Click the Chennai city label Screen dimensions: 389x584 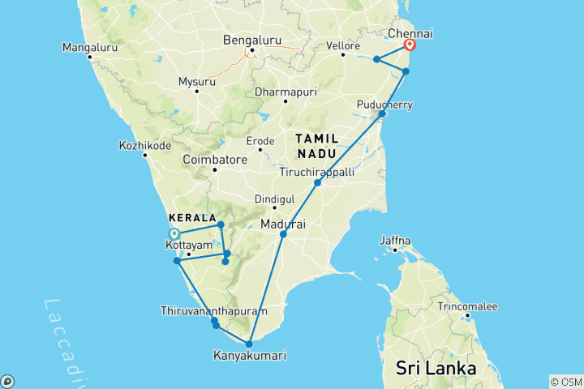tap(410, 33)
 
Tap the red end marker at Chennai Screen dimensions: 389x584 tap(410, 45)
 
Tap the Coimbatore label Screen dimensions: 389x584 tap(215, 160)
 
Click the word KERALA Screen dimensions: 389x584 tap(191, 219)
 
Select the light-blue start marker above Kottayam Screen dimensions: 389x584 tap(174, 235)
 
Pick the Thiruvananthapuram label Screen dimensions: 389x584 tap(213, 311)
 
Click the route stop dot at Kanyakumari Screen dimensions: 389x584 tap(249, 344)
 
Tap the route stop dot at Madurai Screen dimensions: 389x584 tap(283, 234)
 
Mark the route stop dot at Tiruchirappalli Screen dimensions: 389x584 tap(318, 183)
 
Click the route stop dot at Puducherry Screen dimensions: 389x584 tap(382, 114)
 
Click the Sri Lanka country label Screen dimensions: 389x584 tap(436, 368)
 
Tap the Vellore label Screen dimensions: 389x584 tap(343, 46)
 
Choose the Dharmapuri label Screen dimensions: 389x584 tap(283, 92)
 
